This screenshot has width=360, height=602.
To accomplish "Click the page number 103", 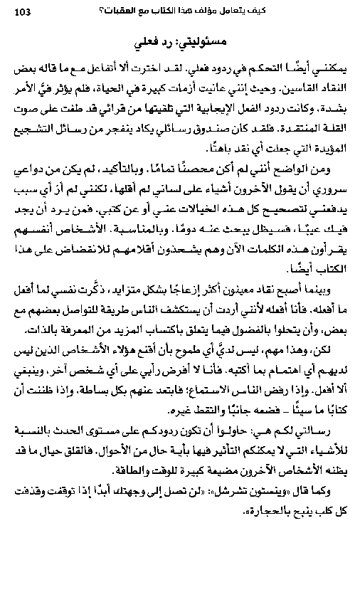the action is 22,11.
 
